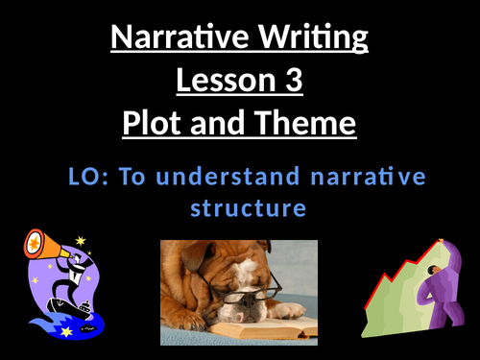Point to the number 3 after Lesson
point(293,82)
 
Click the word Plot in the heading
point(159,125)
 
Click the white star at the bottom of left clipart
point(66,332)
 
